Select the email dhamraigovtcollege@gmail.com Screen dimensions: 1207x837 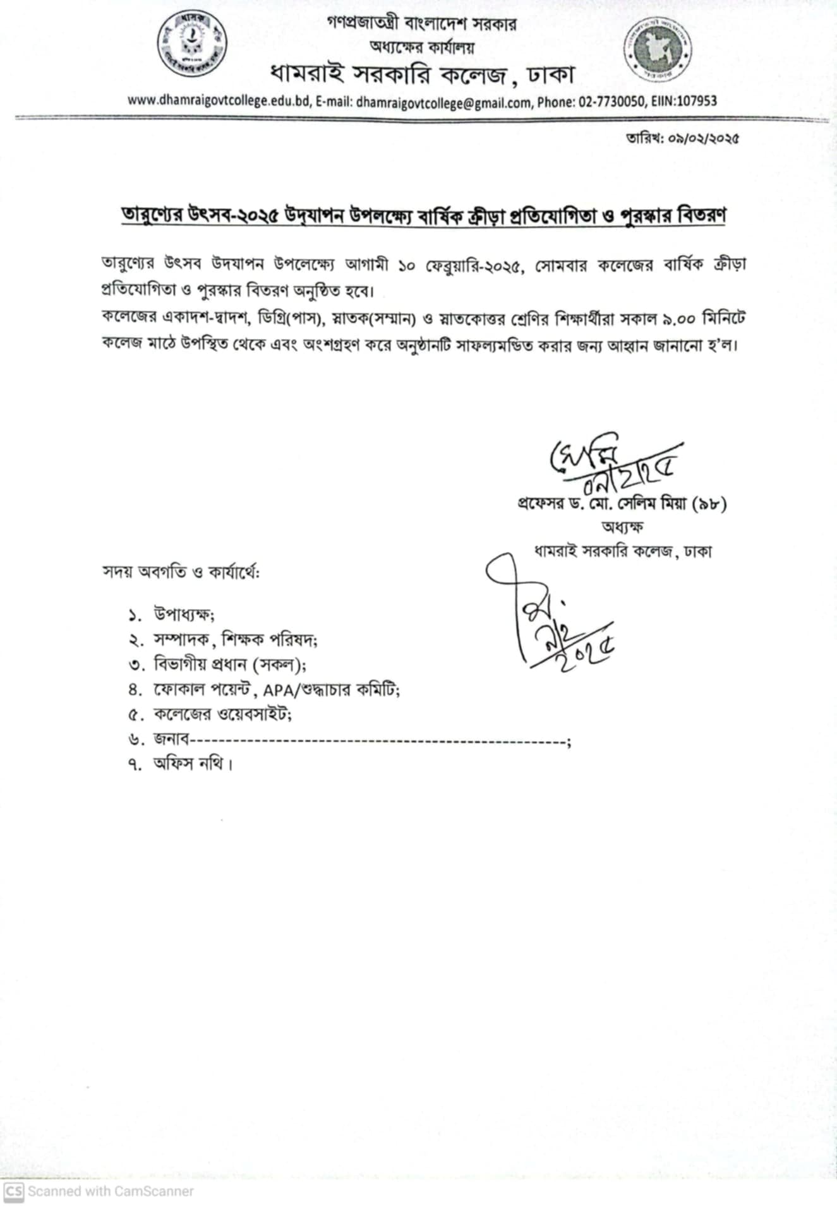click(x=443, y=102)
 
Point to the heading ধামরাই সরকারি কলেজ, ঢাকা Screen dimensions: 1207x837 click(x=422, y=75)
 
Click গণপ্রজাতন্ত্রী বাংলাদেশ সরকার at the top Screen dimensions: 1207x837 click(x=422, y=24)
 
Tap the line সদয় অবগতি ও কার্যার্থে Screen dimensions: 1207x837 click(x=181, y=573)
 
